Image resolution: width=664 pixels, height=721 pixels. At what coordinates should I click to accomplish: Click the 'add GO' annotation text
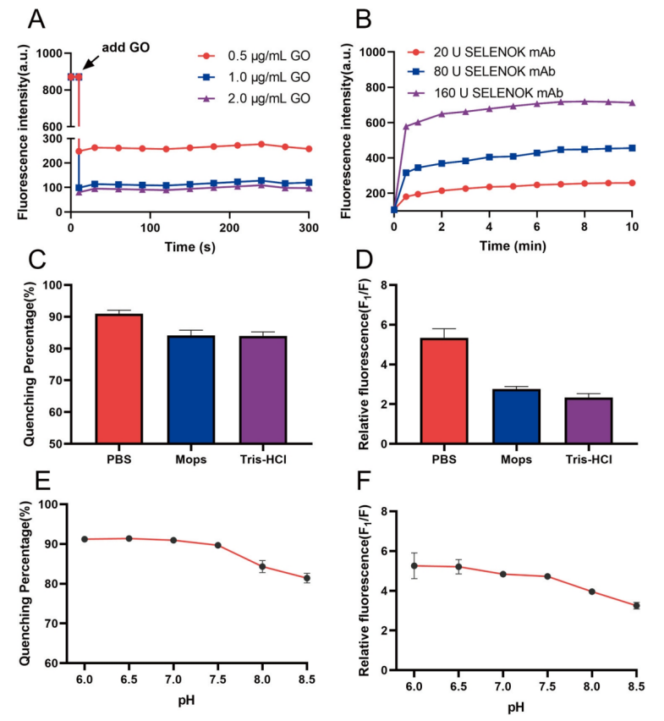pos(126,47)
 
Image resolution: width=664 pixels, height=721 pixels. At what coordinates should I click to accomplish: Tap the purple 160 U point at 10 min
pos(630,102)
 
